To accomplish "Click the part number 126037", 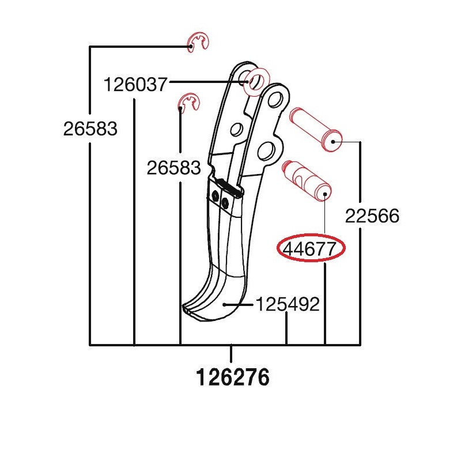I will pyautogui.click(x=135, y=85).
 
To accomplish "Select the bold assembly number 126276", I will pyautogui.click(x=232, y=379).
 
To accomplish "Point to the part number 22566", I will pyautogui.click(x=372, y=216).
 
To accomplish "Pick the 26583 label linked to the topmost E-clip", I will pyautogui.click(x=90, y=129).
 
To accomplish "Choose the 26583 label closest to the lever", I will pyautogui.click(x=173, y=168).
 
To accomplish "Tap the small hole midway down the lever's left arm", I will pyautogui.click(x=235, y=128).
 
